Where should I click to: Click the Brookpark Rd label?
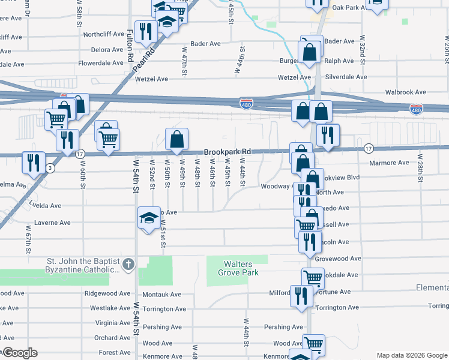coord(227,152)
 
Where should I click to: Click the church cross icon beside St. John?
coord(127,264)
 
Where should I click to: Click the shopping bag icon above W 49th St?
coord(176,140)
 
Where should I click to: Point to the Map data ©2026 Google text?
coord(411,355)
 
